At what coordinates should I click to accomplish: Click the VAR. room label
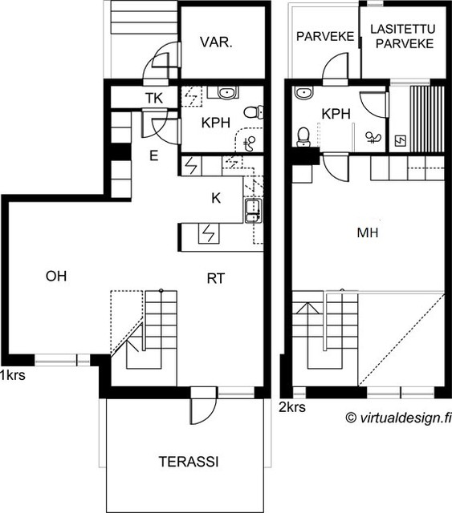216,42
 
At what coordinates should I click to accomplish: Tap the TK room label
154,98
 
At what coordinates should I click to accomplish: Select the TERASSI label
189,462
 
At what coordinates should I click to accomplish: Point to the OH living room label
56,276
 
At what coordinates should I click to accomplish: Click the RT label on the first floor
216,278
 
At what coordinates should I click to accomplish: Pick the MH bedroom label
368,232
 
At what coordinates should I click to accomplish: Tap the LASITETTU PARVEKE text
404,36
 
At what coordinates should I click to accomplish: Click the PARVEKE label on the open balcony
325,36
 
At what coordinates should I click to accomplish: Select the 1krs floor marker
13,375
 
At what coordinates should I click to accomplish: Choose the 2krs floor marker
292,407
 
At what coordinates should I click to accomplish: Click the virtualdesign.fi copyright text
398,418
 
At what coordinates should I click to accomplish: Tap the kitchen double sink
252,211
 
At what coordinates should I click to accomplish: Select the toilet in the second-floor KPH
303,136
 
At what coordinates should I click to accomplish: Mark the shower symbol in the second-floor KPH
373,137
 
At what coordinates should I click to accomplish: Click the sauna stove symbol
401,141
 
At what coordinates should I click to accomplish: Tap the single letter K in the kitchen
216,198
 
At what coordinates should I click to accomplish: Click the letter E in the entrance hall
153,156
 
